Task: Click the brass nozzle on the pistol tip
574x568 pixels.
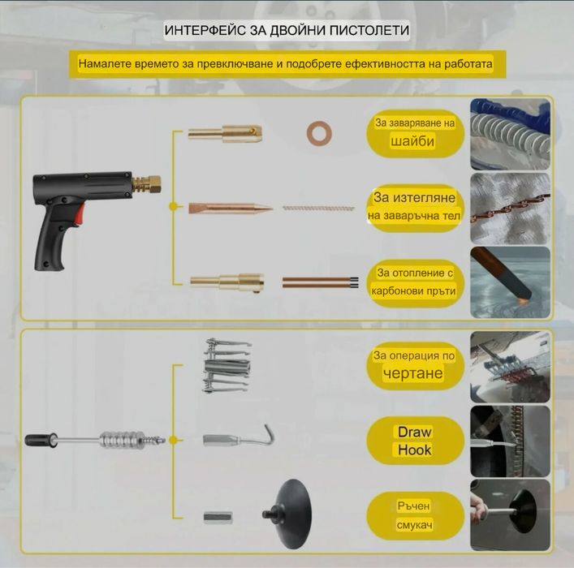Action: pos(147,184)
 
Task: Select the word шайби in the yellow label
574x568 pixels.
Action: pos(412,141)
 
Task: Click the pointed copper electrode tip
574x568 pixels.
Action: pos(231,209)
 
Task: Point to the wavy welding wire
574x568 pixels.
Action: pos(318,209)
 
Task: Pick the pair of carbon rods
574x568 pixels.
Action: pos(321,282)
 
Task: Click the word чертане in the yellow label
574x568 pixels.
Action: pos(413,373)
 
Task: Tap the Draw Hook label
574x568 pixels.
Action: pos(415,441)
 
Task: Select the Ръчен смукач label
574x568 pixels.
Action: pos(415,515)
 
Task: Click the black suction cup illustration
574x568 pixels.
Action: pos(288,514)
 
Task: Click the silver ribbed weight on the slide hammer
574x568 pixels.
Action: pos(123,440)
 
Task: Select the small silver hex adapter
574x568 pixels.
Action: pos(218,517)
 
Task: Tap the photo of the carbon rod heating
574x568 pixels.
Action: pos(511,282)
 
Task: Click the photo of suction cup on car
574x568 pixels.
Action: pos(511,515)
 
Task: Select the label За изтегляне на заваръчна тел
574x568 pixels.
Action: pos(415,207)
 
